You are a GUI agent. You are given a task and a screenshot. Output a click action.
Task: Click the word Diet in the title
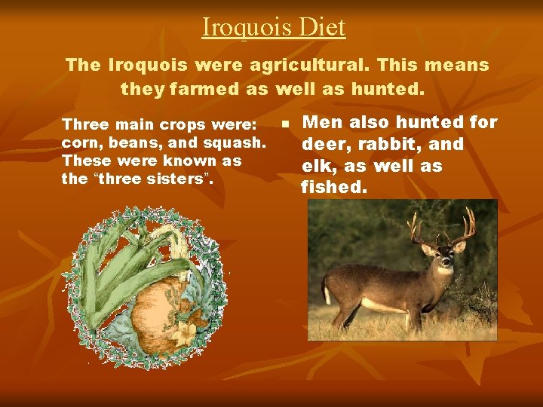(x=321, y=27)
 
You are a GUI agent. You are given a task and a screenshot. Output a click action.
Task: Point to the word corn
(x=77, y=142)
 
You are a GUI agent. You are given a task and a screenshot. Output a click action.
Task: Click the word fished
(x=334, y=187)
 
